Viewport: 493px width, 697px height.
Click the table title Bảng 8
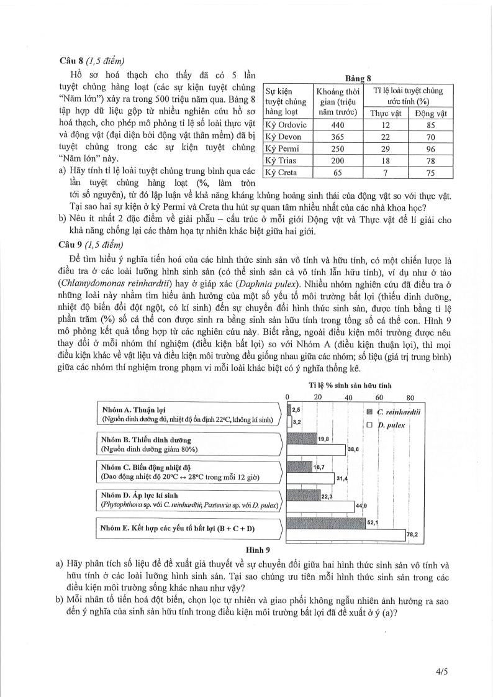click(358, 79)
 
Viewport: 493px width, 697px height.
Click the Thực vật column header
click(386, 113)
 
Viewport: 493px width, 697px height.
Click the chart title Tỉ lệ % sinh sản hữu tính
click(350, 386)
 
